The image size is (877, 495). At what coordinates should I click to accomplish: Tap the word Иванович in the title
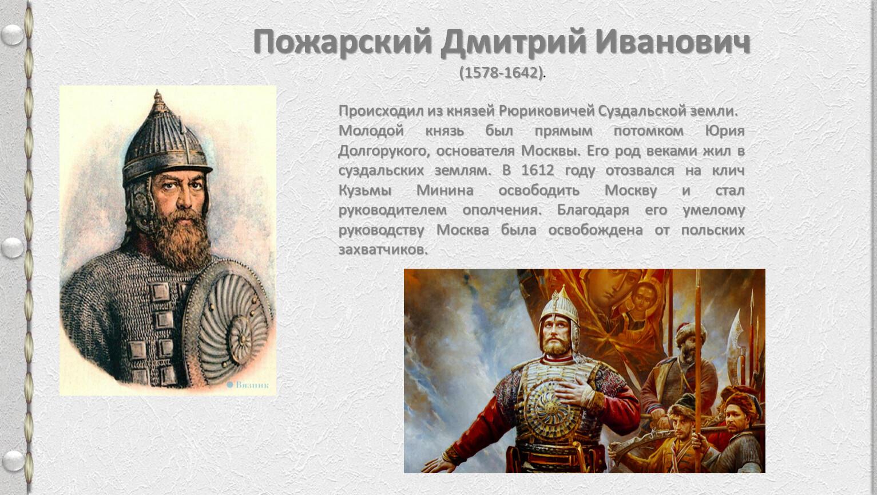[673, 42]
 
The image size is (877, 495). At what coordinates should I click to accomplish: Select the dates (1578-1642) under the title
[502, 73]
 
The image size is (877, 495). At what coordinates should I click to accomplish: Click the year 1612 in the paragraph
[538, 171]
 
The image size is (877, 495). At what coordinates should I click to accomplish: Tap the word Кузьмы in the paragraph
[365, 191]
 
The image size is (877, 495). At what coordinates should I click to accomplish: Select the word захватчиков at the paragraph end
[383, 250]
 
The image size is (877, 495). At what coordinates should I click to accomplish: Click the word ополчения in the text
[502, 210]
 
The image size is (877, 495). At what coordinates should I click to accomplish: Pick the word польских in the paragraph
[713, 230]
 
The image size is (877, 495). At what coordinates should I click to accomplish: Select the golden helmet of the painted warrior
[560, 310]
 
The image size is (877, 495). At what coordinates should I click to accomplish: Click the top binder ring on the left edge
[13, 34]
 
